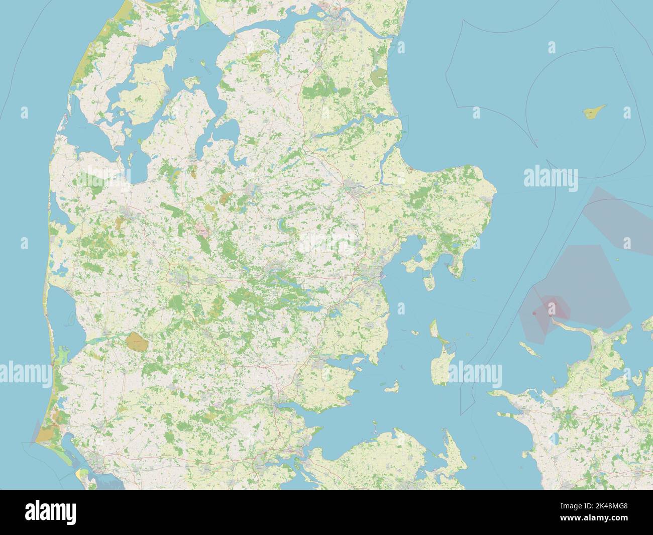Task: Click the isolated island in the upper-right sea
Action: (594, 112)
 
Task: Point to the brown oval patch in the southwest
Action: (136, 343)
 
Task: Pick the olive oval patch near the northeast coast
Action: (377, 77)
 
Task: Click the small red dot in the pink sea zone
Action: (534, 313)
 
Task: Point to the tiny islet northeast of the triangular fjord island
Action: (203, 64)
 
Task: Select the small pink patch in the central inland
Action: (202, 231)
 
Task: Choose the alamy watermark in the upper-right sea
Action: (551, 177)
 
